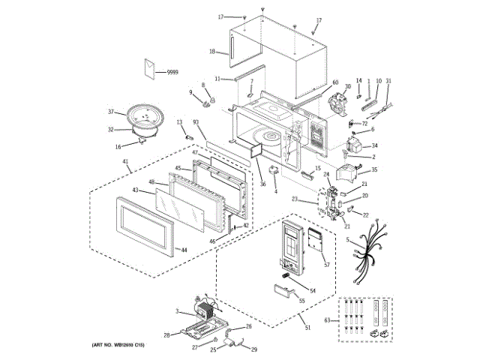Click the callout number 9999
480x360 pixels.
(172, 71)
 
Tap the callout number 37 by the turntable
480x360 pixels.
(110, 112)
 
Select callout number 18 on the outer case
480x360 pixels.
(212, 52)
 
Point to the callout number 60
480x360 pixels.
(334, 82)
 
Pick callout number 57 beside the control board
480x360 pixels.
(326, 265)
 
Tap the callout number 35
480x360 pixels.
(374, 170)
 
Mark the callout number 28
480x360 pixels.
(167, 335)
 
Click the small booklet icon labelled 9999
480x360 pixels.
(150, 68)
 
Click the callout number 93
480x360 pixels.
(196, 122)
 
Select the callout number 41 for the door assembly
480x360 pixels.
(125, 162)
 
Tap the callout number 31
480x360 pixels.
(388, 80)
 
